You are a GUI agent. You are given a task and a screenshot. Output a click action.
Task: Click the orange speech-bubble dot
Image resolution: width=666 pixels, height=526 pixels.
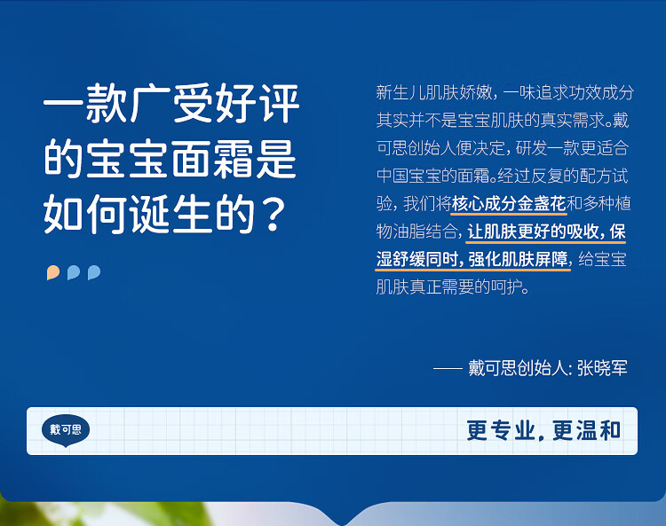[x=53, y=272]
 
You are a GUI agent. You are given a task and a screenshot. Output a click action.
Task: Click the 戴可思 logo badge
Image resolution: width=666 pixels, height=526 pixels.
[x=66, y=430]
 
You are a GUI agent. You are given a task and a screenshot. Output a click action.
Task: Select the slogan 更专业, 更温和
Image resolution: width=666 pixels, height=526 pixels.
[x=543, y=430]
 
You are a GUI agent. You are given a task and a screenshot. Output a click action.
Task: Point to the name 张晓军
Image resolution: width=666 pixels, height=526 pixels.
[x=602, y=368]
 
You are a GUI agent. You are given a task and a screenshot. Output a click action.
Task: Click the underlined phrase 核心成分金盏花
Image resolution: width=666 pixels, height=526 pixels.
[x=509, y=204]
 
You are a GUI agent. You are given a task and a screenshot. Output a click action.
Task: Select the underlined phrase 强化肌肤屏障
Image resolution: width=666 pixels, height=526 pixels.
[x=519, y=260]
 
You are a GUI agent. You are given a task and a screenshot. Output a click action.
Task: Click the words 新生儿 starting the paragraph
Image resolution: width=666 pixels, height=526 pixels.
[x=400, y=92]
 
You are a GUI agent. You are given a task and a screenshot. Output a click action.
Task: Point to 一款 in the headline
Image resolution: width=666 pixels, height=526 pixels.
[x=85, y=104]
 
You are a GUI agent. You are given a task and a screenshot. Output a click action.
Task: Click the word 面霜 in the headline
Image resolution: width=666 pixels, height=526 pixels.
[x=212, y=159]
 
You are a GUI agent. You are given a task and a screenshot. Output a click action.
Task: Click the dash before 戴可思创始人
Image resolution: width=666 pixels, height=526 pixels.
[x=448, y=368]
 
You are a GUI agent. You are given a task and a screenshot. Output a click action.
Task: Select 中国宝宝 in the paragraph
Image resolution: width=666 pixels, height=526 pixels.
[x=408, y=176]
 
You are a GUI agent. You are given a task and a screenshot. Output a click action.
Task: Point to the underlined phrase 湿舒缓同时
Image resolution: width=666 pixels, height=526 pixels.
[x=417, y=260]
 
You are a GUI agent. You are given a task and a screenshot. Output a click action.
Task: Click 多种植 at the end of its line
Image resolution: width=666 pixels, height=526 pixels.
[x=607, y=204]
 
